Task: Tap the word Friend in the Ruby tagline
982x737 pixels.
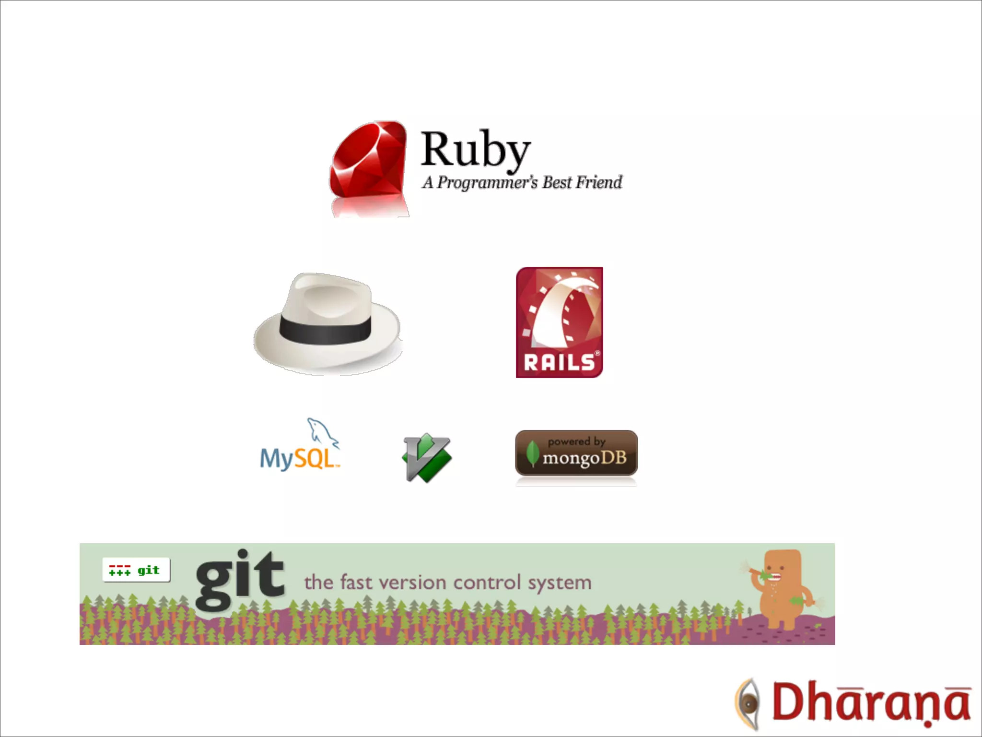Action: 599,182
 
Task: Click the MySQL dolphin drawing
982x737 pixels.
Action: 321,432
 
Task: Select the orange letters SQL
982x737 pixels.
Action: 314,459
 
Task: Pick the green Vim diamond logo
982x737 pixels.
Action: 427,457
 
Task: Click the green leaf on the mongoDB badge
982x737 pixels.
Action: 532,453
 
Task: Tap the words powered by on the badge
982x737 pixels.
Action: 576,441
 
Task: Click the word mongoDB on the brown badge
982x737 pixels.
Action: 585,458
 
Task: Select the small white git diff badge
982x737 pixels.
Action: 136,570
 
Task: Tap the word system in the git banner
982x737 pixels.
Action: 560,583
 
